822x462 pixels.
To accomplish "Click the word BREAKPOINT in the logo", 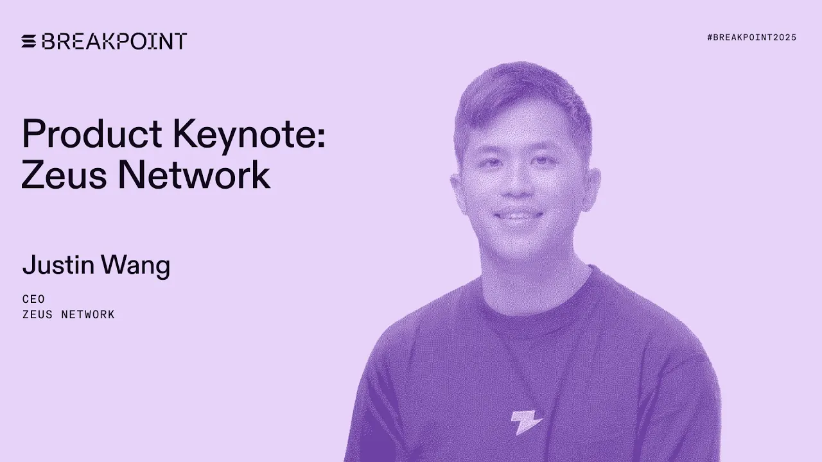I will [x=114, y=41].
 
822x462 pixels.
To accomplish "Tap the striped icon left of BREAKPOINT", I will [x=29, y=41].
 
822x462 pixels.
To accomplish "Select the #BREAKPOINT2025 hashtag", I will [x=751, y=37].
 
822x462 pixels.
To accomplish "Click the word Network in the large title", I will [x=193, y=174].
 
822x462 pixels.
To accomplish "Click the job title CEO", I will [x=33, y=300].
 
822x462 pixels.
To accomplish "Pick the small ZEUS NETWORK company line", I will [x=68, y=314].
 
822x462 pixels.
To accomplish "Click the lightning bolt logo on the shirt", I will [x=526, y=422].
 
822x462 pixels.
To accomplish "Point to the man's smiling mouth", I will [x=518, y=217].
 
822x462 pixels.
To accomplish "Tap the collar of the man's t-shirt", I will [x=533, y=302].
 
